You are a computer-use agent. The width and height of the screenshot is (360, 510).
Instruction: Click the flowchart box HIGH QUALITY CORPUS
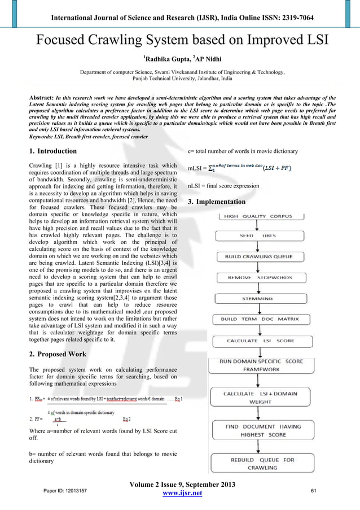click(x=258, y=216)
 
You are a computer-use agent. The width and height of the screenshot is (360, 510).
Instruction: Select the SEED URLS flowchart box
click(x=258, y=236)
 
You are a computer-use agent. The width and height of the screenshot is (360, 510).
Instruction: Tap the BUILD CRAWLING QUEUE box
click(x=258, y=256)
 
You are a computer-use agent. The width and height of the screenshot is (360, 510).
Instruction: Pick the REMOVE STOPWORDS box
click(x=258, y=278)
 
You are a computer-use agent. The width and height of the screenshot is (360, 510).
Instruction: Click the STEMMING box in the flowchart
click(x=258, y=298)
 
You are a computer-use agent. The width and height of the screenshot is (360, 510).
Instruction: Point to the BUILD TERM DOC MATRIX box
click(x=258, y=319)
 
